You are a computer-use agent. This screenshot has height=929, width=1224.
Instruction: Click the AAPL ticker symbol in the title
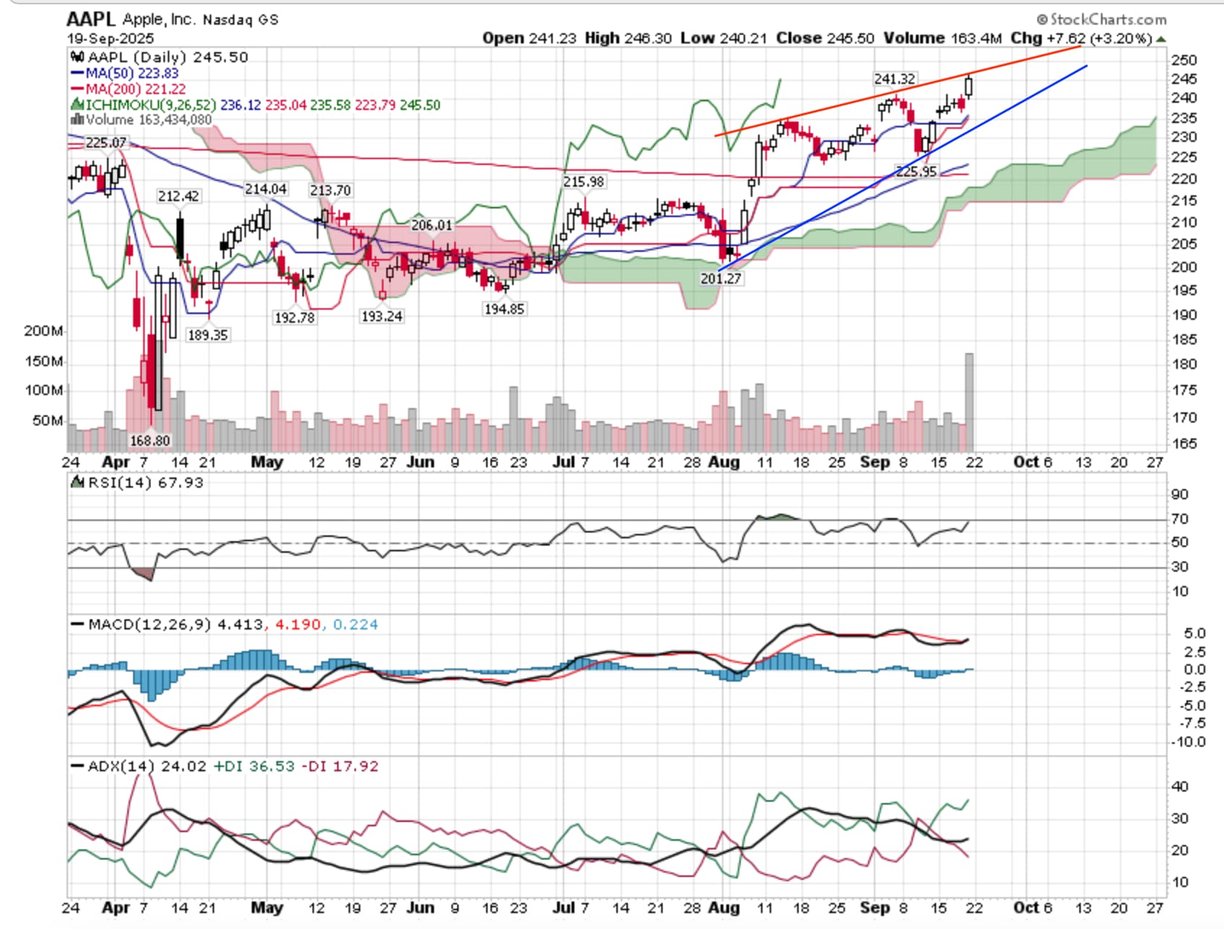click(x=91, y=19)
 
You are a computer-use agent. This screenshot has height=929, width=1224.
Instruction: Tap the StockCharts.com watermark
click(x=1102, y=20)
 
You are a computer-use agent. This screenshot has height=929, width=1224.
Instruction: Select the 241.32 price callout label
click(x=894, y=79)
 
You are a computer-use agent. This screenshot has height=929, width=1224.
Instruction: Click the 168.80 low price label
click(x=150, y=441)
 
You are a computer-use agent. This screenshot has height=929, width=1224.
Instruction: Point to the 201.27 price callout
click(x=721, y=279)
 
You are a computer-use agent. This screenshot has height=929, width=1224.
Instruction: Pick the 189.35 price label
click(x=208, y=335)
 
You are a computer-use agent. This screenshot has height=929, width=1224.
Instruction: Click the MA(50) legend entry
click(x=124, y=73)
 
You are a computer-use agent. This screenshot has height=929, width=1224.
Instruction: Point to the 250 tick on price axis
click(x=1184, y=60)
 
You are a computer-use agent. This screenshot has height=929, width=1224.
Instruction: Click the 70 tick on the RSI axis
click(x=1180, y=519)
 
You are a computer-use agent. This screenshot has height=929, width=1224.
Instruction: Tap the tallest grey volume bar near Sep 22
click(x=969, y=402)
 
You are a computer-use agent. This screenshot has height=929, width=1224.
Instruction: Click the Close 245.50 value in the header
click(x=825, y=38)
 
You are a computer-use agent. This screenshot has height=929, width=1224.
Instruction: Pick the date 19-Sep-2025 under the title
click(x=111, y=38)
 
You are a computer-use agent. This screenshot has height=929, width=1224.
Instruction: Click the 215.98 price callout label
click(x=584, y=182)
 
